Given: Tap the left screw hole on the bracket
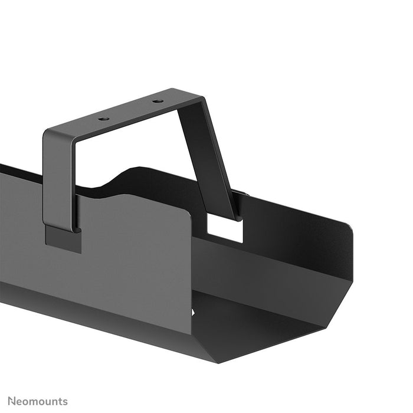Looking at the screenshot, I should (x=104, y=119).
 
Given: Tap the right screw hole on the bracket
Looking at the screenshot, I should (x=157, y=101).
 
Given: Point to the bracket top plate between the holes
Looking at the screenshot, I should (x=131, y=111).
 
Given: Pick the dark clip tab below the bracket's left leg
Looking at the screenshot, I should (x=63, y=240).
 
